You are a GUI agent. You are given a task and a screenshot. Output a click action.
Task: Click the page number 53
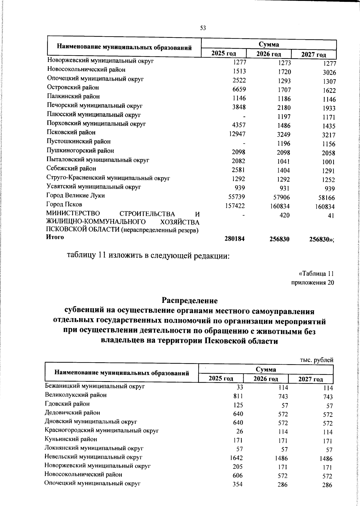point(203,28)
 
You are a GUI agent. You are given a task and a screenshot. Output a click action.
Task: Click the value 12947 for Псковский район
point(236,134)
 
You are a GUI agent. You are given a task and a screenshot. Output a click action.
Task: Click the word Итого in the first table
point(55,237)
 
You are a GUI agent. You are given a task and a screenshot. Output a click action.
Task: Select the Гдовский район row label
point(67,404)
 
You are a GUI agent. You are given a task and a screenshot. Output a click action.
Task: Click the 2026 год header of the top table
point(268,54)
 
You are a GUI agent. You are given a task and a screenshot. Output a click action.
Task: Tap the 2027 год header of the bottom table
point(310,379)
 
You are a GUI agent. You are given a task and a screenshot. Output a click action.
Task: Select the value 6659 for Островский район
point(239,89)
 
